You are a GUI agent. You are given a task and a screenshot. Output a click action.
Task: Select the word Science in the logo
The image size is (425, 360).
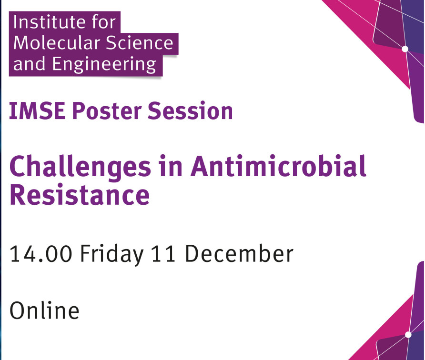point(139,43)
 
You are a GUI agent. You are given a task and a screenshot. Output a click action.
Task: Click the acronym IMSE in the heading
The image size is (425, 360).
point(37,111)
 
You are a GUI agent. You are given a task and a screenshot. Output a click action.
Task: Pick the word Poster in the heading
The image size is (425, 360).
point(107,111)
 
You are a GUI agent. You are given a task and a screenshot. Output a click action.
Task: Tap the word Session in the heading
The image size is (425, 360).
point(190,111)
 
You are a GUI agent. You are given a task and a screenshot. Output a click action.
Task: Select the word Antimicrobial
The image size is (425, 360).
point(278,166)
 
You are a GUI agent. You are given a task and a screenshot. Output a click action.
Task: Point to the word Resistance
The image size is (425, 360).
point(80,194)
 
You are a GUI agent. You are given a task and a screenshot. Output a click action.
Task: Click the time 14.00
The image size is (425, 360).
point(41,254)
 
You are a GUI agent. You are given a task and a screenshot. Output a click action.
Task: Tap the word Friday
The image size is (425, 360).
point(111,255)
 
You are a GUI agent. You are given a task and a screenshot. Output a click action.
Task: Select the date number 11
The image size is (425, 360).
point(163,254)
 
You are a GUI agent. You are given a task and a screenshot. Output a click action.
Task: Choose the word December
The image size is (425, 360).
point(239,253)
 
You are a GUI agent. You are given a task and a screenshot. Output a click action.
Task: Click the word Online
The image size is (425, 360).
point(44,310)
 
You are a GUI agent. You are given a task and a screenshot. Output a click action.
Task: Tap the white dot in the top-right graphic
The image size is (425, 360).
point(405,49)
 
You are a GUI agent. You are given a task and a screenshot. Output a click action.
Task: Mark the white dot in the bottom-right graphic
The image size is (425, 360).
point(408,335)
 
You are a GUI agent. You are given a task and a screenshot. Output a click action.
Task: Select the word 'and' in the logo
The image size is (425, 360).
point(29,64)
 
